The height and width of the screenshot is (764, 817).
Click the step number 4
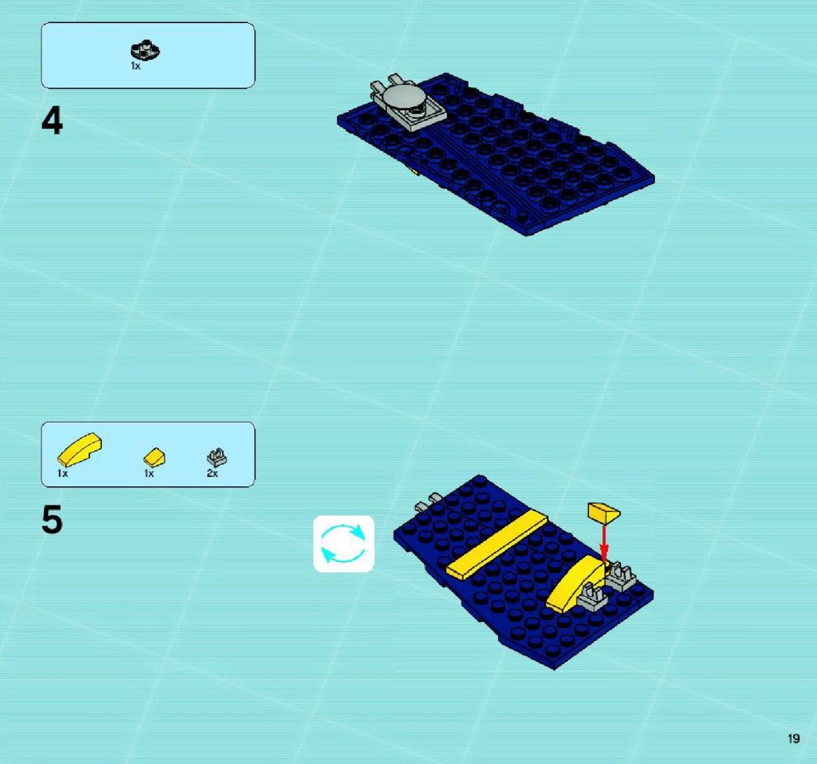[52, 121]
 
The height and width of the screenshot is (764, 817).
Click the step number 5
[52, 520]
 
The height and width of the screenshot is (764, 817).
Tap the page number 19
[793, 739]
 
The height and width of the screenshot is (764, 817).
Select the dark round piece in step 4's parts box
[145, 50]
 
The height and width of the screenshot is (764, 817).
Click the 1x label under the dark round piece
[136, 66]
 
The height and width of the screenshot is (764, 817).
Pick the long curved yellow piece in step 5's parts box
[79, 449]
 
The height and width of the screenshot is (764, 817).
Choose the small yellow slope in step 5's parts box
[154, 458]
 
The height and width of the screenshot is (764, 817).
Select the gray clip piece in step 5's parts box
[216, 458]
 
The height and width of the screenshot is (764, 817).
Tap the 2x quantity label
[212, 474]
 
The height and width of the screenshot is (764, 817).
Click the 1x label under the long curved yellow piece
[63, 474]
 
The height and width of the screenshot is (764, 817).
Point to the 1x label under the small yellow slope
[149, 474]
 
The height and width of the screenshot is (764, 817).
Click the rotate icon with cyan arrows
[344, 544]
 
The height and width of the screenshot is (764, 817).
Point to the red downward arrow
[604, 542]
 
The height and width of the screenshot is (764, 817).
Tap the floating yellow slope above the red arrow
[603, 512]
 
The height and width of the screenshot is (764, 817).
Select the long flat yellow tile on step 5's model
[496, 544]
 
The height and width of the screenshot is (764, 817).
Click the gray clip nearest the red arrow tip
[620, 576]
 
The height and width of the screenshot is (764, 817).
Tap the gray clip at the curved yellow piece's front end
[592, 597]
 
